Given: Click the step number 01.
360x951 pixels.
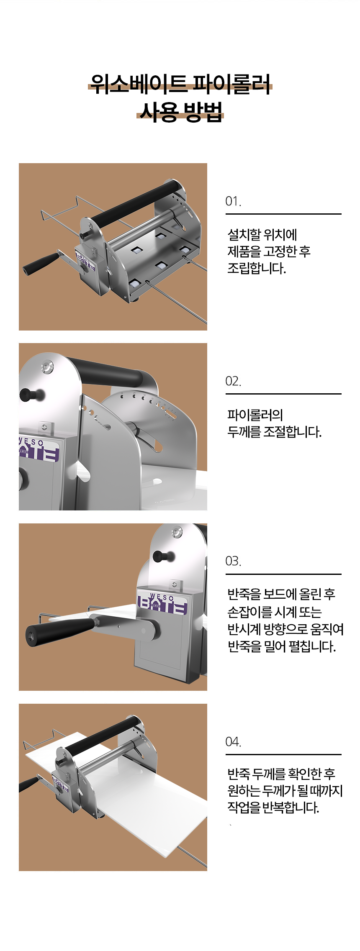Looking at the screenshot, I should (233, 201).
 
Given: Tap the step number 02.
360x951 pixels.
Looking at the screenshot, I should (233, 381).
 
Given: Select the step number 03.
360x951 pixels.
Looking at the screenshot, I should (233, 561).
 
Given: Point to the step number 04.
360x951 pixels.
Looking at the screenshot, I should (233, 742).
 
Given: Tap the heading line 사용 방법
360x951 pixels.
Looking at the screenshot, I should (180, 112).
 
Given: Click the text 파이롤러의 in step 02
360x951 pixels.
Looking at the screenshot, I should (255, 415).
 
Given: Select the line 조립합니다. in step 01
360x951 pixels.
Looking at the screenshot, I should (256, 268).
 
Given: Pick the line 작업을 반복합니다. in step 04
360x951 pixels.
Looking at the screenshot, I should (273, 807).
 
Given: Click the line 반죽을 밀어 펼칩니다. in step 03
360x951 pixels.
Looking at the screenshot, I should (281, 647).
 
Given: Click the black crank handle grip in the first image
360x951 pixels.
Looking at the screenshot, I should (41, 263).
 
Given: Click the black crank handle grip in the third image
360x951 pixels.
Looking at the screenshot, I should (59, 631).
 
